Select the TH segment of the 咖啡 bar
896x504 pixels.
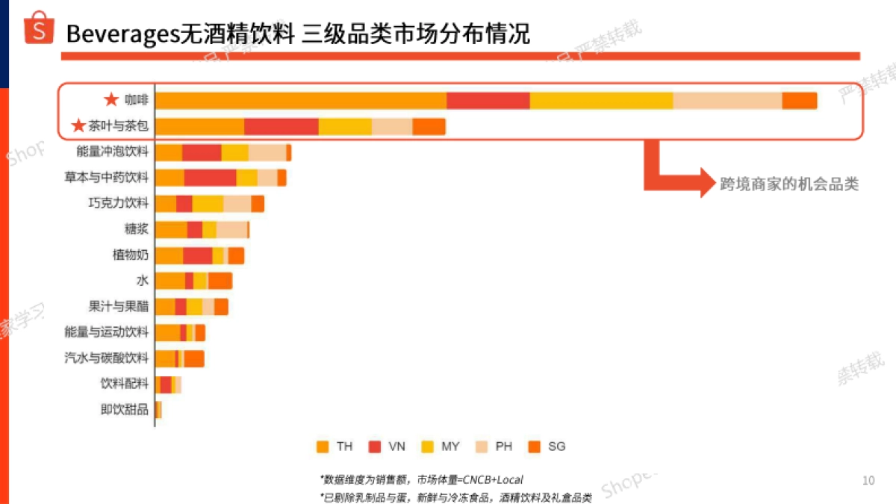[301, 101]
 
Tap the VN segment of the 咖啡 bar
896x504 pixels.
[488, 101]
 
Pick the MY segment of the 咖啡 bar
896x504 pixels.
[601, 101]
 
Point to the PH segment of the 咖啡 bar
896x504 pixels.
[727, 101]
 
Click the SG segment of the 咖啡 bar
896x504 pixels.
[799, 101]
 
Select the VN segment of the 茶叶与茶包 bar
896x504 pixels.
[281, 127]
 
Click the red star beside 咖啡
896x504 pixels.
[111, 100]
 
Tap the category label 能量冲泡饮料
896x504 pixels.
[112, 152]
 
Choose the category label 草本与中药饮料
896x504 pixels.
[106, 178]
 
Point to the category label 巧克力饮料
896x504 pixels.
[118, 203]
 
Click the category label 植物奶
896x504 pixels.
[130, 255]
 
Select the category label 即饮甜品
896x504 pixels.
[124, 409]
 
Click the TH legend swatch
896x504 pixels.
[323, 447]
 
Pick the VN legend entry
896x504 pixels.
[387, 447]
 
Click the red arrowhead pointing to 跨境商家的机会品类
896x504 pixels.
[707, 182]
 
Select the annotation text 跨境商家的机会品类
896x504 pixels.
[788, 184]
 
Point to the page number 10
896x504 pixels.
[868, 480]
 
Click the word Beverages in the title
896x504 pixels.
[122, 34]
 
